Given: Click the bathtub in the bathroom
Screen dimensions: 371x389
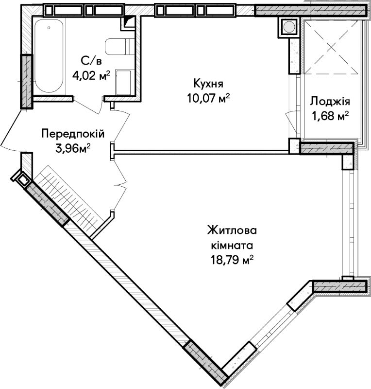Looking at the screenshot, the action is click(x=49, y=56).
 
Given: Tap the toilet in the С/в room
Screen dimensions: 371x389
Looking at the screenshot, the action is click(x=119, y=47).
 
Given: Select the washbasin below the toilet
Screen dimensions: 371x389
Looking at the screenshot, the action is click(x=123, y=83).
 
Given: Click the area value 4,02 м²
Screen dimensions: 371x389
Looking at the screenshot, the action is click(x=91, y=75).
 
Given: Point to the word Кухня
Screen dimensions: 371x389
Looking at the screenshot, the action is click(x=208, y=84).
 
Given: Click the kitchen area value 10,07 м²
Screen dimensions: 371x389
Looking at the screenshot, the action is click(x=208, y=99).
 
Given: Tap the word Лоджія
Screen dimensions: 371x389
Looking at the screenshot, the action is click(x=330, y=102).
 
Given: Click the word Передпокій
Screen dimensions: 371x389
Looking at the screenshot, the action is click(x=73, y=134).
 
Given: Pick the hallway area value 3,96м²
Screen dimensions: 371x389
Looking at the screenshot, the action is click(x=73, y=149).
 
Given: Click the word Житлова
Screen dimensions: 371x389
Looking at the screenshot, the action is click(x=232, y=230).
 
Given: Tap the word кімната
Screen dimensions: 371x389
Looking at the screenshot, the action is click(x=232, y=246).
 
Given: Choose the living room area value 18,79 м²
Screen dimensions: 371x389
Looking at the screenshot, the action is click(x=232, y=260).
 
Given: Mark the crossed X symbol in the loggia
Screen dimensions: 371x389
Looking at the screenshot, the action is click(x=331, y=47).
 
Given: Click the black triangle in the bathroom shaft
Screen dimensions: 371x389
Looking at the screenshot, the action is click(x=129, y=21).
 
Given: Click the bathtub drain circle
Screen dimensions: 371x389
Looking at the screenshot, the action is click(x=49, y=28).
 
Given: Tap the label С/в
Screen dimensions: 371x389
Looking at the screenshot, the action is click(x=91, y=61).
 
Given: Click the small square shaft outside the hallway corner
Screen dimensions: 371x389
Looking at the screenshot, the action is click(x=22, y=178).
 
